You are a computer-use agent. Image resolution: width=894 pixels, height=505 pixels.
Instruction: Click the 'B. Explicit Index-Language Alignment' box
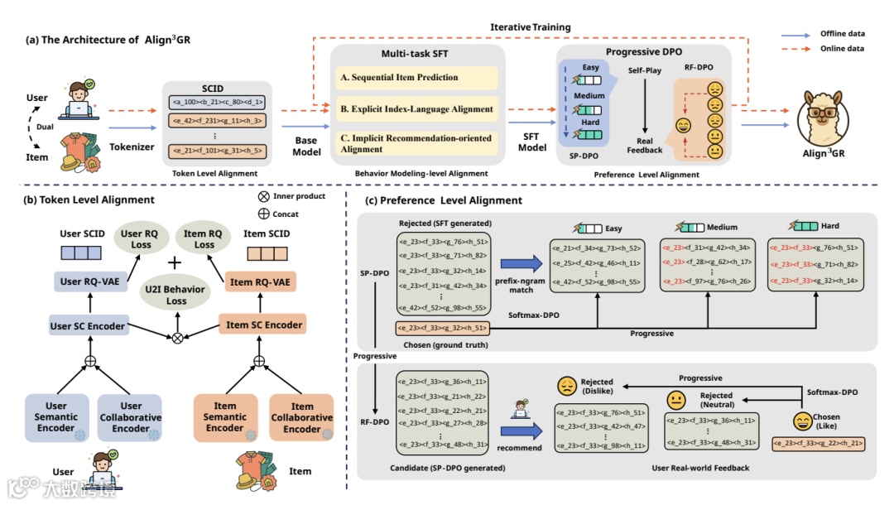pyautogui.click(x=416, y=108)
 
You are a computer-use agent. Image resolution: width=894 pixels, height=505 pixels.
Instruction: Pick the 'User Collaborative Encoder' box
pyautogui.click(x=131, y=417)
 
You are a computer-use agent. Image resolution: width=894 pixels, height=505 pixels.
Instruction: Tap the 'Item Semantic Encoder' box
pyautogui.click(x=225, y=417)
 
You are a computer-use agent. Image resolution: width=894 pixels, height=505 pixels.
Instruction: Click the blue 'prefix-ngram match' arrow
pyautogui.click(x=517, y=264)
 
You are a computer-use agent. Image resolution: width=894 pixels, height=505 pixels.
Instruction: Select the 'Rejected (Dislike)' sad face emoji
pyautogui.click(x=567, y=386)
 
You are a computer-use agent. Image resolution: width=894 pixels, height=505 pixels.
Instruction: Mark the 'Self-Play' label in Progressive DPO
pyautogui.click(x=645, y=71)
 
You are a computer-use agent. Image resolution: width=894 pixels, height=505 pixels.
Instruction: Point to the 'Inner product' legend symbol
pyautogui.click(x=264, y=196)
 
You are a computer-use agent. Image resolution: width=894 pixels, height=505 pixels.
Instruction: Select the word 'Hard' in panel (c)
pyautogui.click(x=829, y=226)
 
